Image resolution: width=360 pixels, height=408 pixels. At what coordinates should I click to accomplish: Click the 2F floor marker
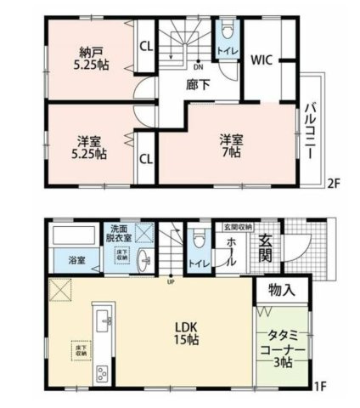[x=335, y=181]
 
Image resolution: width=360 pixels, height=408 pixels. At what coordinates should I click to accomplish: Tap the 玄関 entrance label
[x=266, y=247]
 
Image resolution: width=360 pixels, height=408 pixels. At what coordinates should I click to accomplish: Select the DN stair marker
[x=199, y=65]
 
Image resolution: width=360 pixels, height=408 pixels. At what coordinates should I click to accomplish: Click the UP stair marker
[x=170, y=282]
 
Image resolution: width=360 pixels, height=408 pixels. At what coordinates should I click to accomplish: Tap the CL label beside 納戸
[x=145, y=48]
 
